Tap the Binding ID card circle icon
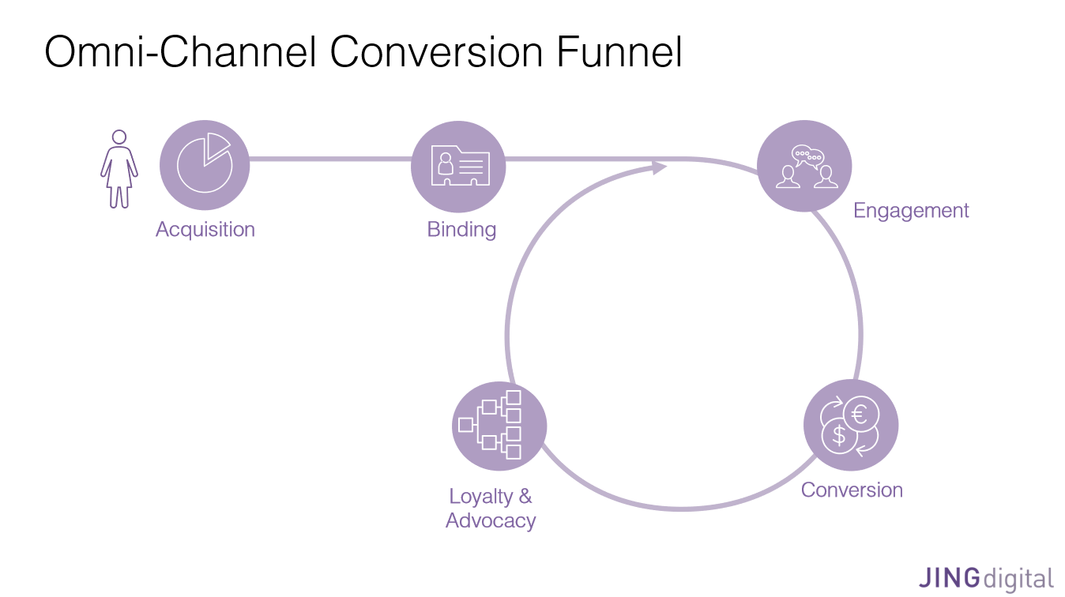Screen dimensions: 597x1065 pyautogui.click(x=458, y=164)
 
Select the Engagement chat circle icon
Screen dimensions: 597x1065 pyautogui.click(x=804, y=166)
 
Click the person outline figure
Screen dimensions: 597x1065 pyautogui.click(x=119, y=169)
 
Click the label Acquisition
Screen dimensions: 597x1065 pyautogui.click(x=205, y=230)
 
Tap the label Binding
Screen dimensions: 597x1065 pyautogui.click(x=461, y=230)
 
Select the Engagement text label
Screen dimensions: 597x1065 pyautogui.click(x=911, y=211)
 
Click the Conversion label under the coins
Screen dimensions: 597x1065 pyautogui.click(x=852, y=490)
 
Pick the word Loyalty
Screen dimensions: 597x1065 pyautogui.click(x=480, y=497)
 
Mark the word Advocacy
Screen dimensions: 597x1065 pyautogui.click(x=491, y=521)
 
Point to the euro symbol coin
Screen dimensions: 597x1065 pyautogui.click(x=860, y=414)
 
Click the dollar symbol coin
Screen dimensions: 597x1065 pyautogui.click(x=840, y=435)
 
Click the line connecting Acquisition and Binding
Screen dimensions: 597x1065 pyautogui.click(x=330, y=160)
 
